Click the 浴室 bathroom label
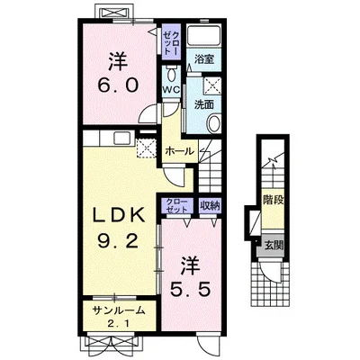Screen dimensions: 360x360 pos(204,59)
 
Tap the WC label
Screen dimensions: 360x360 pos(171,89)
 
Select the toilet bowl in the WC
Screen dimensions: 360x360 pos(172,74)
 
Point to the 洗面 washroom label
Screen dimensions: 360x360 pos(204,104)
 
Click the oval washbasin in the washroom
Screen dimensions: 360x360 pos(214,123)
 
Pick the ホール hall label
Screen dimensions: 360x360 pos(180,151)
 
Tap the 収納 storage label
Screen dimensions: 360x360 pos(211,206)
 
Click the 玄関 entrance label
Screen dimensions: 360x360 pos(274,246)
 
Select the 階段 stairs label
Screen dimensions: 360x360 pos(274,200)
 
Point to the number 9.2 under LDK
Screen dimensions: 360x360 pos(118,240)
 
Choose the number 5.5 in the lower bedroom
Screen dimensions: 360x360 pos(189,290)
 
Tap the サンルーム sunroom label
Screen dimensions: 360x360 pos(119,310)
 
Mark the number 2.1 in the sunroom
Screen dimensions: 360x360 pos(119,324)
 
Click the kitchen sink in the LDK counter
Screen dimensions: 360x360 pos(121,139)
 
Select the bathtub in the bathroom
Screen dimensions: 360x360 pos(203,34)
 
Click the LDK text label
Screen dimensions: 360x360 pos(118,215)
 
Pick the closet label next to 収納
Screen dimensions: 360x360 pos(177,205)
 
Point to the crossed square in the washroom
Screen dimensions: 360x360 pos(212,85)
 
